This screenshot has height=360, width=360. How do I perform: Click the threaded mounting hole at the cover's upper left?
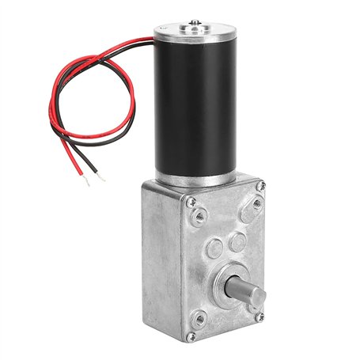201,214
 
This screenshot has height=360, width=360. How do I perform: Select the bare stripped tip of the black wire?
102,177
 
